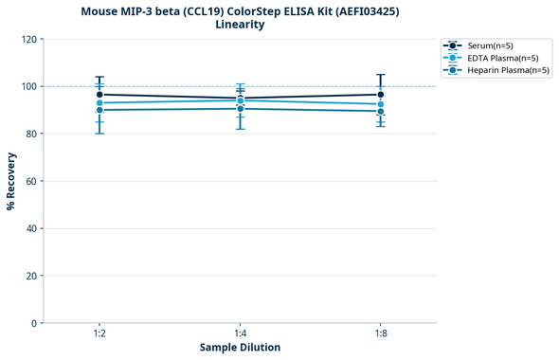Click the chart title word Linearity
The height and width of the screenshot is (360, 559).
click(x=240, y=25)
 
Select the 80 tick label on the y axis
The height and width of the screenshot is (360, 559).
click(x=31, y=134)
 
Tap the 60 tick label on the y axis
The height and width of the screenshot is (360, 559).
click(x=31, y=181)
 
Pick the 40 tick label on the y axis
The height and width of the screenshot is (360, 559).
click(x=31, y=228)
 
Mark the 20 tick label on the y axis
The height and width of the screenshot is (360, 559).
click(x=31, y=276)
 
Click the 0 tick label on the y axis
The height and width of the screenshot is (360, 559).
click(x=34, y=323)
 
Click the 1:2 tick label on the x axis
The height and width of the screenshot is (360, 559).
click(x=99, y=333)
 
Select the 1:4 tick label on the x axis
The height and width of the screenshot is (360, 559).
click(x=240, y=333)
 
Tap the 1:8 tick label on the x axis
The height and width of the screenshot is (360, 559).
click(x=381, y=333)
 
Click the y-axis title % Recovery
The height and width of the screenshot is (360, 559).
click(x=11, y=181)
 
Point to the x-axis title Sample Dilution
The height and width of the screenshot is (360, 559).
click(x=240, y=348)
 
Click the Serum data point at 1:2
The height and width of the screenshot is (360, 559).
click(x=99, y=95)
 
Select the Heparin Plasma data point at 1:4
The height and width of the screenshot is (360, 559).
click(x=240, y=109)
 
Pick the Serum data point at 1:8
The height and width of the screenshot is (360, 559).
click(x=381, y=95)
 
